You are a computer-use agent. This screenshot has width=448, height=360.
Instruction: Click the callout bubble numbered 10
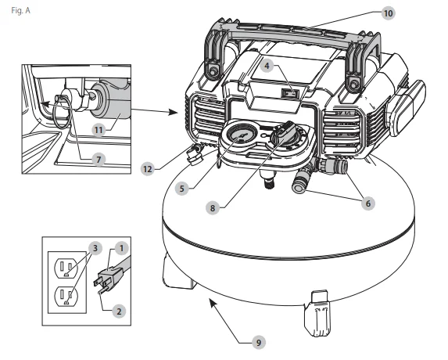[x=388, y=13]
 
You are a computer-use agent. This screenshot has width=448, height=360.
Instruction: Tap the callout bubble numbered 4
[x=267, y=66]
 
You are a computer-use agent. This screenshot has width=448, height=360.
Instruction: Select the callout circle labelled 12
[x=148, y=169]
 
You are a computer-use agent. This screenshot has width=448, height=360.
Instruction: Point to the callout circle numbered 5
[x=182, y=189]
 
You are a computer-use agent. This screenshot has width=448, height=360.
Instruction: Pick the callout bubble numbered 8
[x=213, y=208]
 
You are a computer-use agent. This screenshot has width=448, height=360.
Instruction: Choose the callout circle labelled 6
[x=367, y=203]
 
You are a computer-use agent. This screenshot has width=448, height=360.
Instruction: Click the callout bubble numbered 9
[x=259, y=342]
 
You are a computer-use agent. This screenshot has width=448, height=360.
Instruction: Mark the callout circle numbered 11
[x=99, y=131]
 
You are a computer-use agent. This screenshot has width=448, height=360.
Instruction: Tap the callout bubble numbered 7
[x=99, y=160]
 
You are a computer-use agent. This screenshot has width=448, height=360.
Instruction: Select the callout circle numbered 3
[x=95, y=248]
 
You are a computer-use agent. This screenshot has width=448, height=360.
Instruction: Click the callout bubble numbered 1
[x=122, y=248]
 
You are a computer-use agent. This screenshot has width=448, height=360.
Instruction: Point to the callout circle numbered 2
[x=119, y=311]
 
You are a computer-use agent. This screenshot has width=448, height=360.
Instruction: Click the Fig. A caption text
[x=20, y=11]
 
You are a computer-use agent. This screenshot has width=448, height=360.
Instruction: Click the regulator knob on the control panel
[x=284, y=133]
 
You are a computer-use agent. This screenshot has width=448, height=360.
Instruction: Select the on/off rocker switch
[x=290, y=93]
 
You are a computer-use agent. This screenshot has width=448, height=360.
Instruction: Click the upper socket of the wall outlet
[x=65, y=268]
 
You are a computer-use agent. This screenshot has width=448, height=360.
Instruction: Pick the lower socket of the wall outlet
[x=65, y=297]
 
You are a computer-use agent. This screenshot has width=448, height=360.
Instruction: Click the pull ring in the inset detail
[x=61, y=113]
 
